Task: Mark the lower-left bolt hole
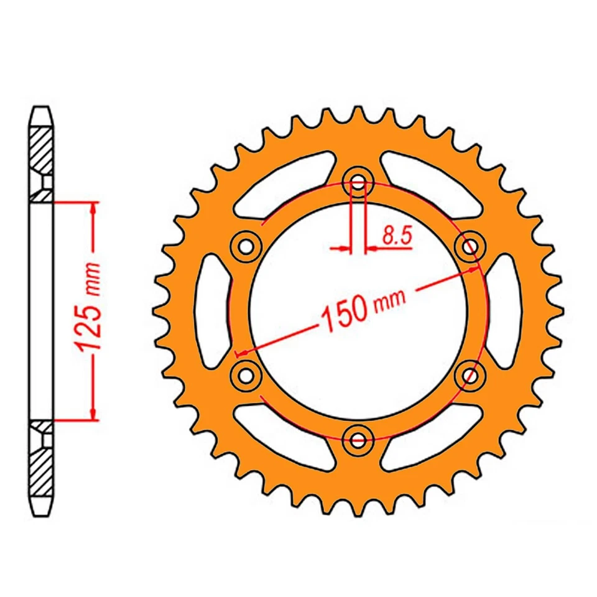coord(245,374)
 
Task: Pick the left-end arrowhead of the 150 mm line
coord(243,352)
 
